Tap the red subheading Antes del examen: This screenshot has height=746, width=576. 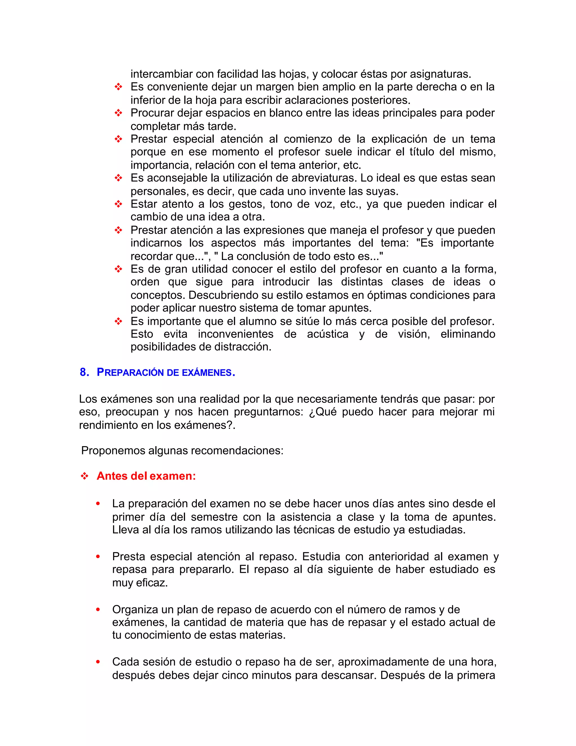click(x=146, y=476)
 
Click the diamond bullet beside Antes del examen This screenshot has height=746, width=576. click(x=84, y=476)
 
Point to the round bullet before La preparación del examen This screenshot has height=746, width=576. click(x=98, y=504)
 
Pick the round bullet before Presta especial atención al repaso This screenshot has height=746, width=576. click(x=98, y=557)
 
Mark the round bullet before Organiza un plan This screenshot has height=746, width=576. click(x=98, y=609)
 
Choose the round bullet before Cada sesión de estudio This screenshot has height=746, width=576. click(x=98, y=662)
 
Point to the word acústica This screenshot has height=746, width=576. click(x=328, y=334)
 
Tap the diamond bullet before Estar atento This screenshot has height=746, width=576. click(x=118, y=204)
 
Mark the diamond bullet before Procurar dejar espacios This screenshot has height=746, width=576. click(x=118, y=113)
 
